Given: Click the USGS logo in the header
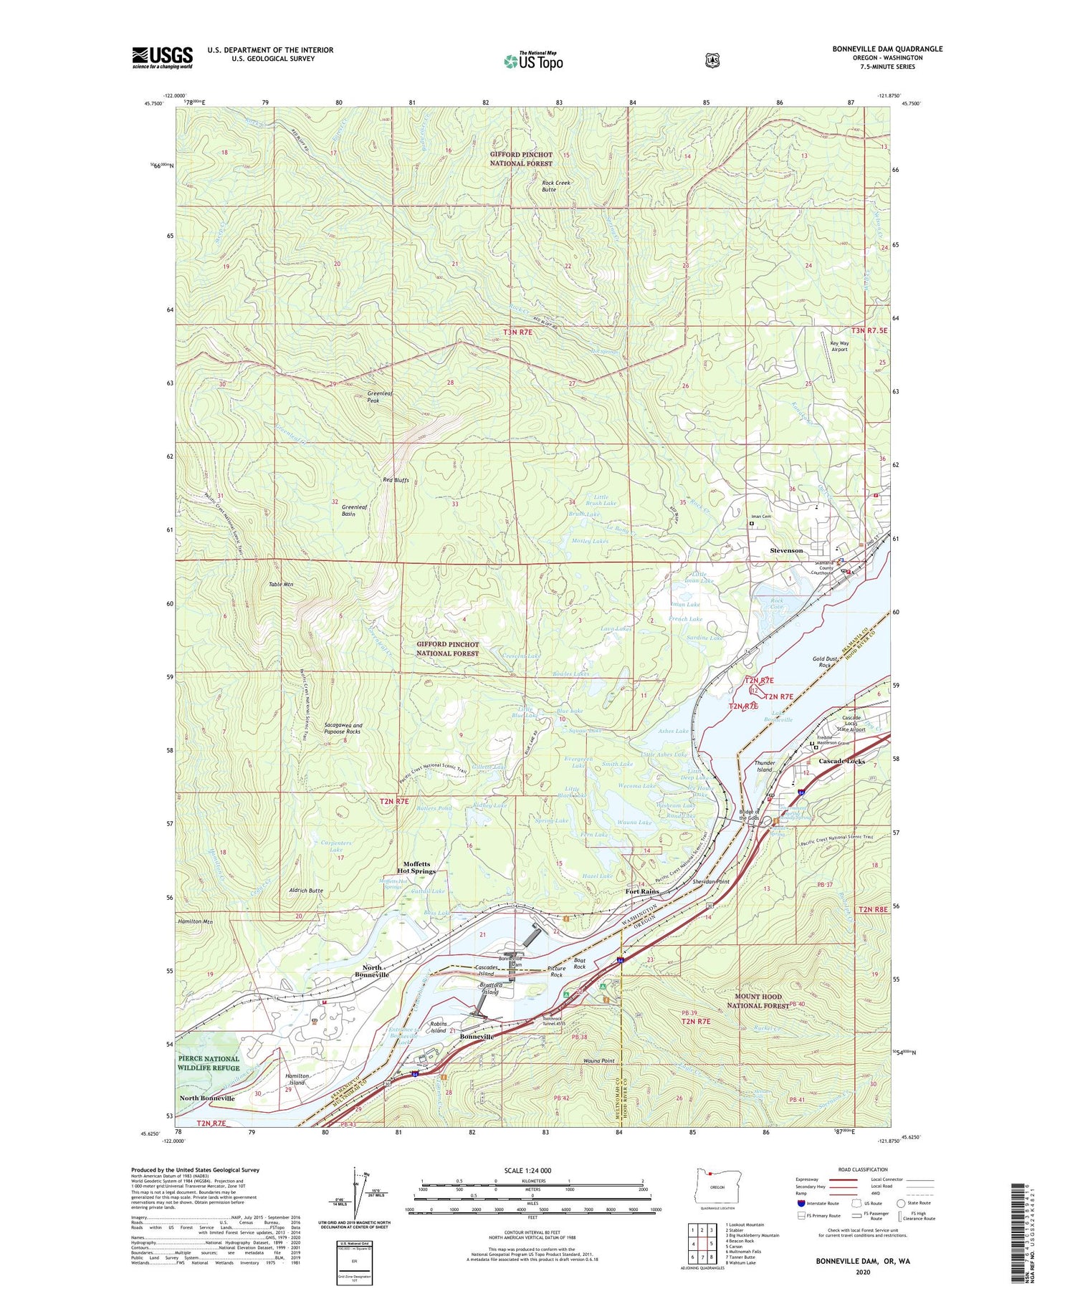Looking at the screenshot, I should (x=162, y=57).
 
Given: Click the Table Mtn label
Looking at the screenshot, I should (x=281, y=585).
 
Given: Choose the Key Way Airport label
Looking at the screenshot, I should (x=838, y=346).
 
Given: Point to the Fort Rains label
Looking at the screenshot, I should (x=641, y=891).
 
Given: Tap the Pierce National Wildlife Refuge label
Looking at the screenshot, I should (x=209, y=1063).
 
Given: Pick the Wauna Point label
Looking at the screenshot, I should (x=599, y=1060).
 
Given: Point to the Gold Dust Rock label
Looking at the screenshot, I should (x=825, y=661).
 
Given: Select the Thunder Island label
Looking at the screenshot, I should (x=765, y=766).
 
